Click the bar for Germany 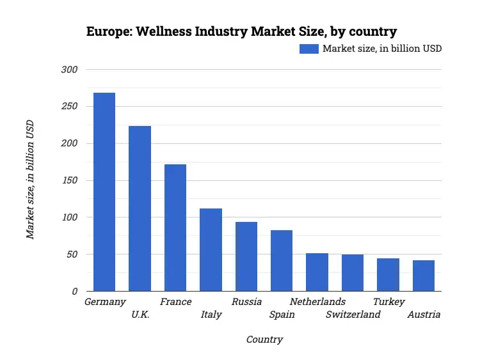[x=104, y=192]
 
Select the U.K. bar [x=140, y=208]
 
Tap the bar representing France [x=175, y=228]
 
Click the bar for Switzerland [x=353, y=272]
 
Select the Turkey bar [x=388, y=274]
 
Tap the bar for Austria [x=424, y=276]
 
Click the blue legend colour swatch [x=309, y=49]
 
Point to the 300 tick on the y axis [x=68, y=69]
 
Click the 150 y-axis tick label [x=68, y=180]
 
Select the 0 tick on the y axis [x=74, y=292]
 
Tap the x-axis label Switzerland [x=353, y=315]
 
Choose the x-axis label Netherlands [x=317, y=302]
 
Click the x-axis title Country [x=264, y=340]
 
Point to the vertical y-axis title [x=30, y=180]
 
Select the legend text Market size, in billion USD [x=382, y=49]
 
